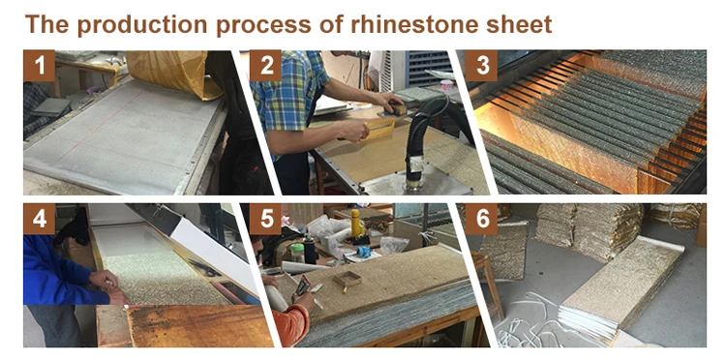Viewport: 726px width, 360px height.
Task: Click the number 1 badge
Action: click(40, 66)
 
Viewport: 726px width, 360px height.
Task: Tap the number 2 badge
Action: click(265, 66)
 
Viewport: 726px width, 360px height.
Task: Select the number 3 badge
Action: click(482, 66)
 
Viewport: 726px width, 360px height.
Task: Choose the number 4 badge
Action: click(40, 219)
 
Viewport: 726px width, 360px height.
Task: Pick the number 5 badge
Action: click(265, 219)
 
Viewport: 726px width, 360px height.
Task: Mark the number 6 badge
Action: click(482, 219)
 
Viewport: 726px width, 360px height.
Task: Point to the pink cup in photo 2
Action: click(446, 85)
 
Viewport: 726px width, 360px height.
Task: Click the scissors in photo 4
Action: click(204, 267)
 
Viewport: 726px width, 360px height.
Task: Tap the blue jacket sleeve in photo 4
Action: click(56, 272)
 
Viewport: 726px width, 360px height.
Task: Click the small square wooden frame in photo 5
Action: click(347, 279)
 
